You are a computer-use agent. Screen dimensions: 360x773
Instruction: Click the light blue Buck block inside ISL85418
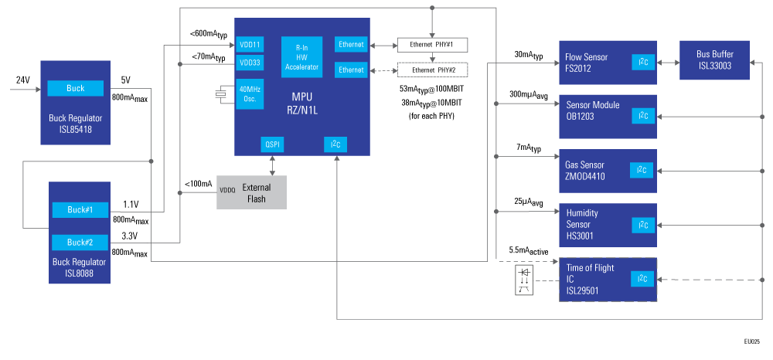point(76,88)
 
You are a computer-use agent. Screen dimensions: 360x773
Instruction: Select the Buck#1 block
point(80,209)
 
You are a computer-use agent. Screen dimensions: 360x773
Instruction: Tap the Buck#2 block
point(80,241)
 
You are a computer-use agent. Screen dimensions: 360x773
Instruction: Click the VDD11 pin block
point(250,44)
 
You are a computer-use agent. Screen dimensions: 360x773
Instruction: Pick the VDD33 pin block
point(250,63)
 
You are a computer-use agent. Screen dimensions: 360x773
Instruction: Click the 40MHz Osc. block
point(250,93)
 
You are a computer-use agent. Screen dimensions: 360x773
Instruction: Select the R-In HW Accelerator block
point(301,60)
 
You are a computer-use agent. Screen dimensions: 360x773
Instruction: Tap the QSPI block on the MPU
point(273,144)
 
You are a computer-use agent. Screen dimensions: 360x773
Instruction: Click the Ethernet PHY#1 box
point(433,45)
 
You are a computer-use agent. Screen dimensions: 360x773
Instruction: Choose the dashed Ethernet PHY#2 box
point(433,70)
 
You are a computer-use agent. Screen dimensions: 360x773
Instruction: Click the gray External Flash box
point(251,192)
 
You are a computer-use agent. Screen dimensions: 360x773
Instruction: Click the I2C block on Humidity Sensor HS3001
point(643,225)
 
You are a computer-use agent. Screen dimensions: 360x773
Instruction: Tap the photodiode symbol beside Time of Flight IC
point(525,280)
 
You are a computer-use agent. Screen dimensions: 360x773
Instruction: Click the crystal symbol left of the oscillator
point(220,93)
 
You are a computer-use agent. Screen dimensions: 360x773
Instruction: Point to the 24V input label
point(24,80)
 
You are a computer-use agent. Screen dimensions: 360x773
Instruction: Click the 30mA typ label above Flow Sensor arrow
point(530,55)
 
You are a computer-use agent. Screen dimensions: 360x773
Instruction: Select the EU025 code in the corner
point(752,341)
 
